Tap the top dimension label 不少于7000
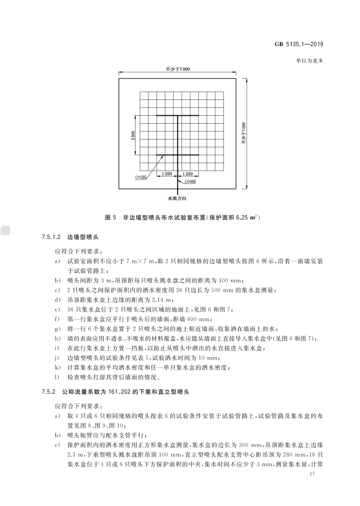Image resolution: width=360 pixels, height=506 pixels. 177,69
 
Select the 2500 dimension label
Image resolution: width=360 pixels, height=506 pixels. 134,135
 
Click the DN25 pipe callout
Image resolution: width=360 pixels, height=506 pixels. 140,177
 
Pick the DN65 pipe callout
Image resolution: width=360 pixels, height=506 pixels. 190,181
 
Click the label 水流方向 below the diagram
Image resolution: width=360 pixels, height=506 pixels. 177,198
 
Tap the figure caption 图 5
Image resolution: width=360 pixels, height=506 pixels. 111,218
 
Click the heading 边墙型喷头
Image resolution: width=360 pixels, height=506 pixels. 82,236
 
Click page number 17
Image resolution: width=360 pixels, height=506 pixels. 312,474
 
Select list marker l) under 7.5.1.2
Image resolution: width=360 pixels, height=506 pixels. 57,377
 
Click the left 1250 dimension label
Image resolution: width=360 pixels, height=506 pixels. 166,174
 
